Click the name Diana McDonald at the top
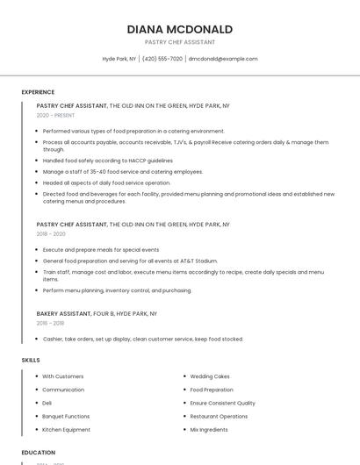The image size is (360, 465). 179,29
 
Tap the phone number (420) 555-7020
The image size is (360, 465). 162,59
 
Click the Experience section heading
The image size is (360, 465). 38,92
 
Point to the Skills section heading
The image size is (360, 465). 31,360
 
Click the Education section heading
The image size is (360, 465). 39,453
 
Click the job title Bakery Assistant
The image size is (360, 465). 63,313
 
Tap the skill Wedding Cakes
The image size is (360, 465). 210,376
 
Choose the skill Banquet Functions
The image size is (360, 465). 66,416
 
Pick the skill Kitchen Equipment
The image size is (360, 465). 66,430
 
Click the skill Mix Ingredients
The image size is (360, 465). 210,430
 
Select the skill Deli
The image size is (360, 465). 47,403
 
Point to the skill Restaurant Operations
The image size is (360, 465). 219,416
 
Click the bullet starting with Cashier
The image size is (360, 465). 143,339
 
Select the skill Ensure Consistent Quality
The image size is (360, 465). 222,403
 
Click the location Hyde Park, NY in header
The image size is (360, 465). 119,59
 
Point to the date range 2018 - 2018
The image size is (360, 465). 51,323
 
